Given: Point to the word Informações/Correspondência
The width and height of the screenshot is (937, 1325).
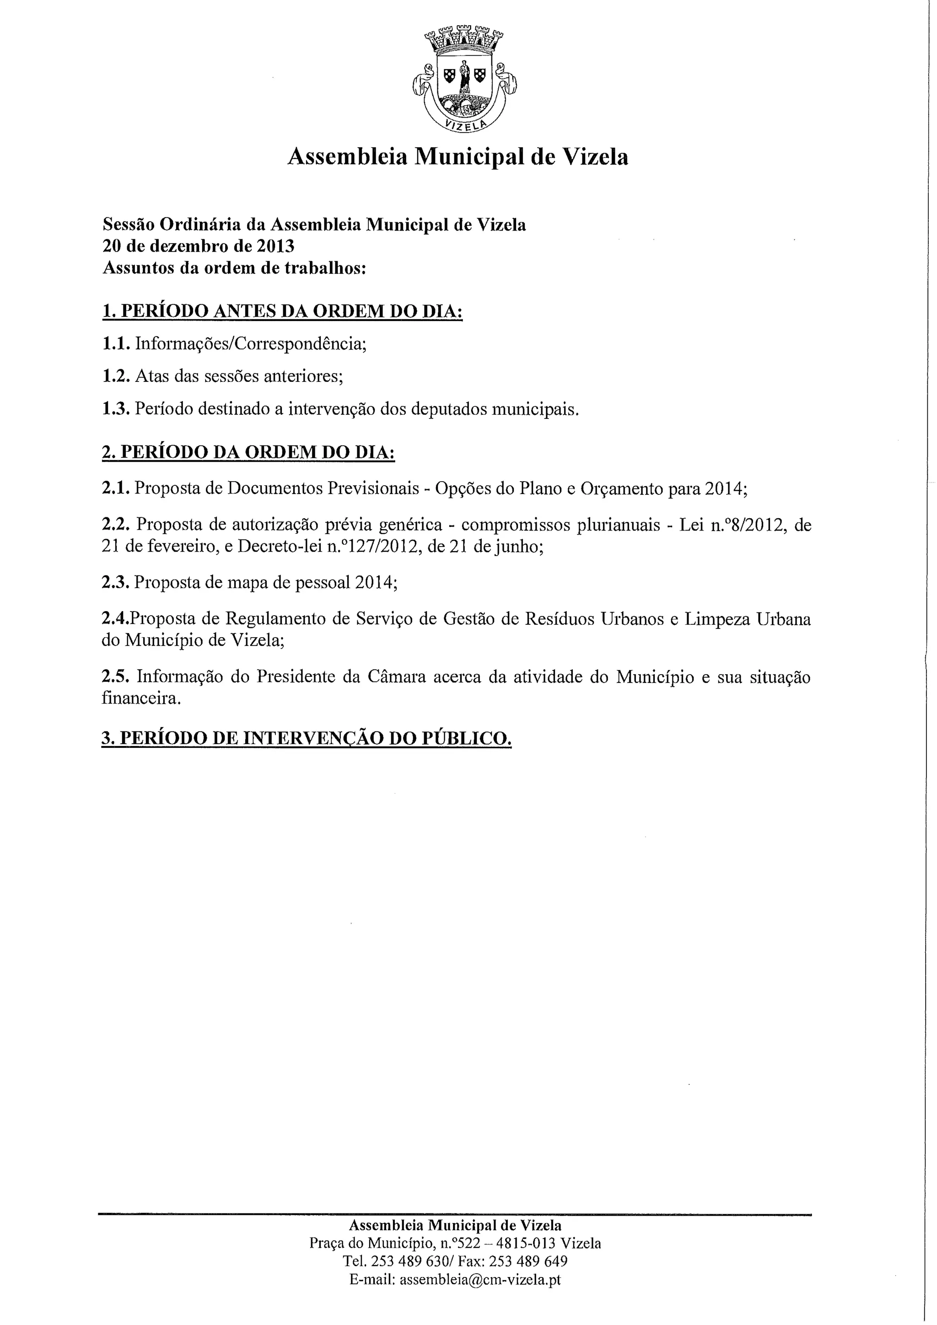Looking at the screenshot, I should point(251,344).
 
